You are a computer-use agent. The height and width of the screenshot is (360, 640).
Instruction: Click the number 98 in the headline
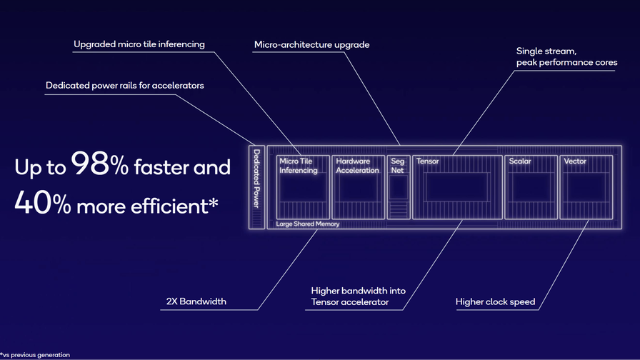click(90, 164)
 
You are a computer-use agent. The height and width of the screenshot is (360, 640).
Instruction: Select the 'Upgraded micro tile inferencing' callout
click(139, 44)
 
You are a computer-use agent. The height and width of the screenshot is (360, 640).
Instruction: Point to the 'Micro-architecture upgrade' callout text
click(312, 45)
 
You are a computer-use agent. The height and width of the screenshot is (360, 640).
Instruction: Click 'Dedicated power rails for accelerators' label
click(125, 86)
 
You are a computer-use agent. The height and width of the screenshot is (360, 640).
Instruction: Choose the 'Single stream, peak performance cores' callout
click(566, 56)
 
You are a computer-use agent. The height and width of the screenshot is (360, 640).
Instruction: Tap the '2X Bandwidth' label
click(196, 301)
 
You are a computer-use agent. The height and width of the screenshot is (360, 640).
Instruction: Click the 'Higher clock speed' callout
click(495, 302)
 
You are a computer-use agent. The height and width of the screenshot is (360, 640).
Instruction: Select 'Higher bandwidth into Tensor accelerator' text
click(358, 296)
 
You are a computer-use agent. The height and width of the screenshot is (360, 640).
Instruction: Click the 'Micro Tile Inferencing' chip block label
click(299, 166)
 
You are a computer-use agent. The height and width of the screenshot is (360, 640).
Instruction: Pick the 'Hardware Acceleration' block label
click(357, 166)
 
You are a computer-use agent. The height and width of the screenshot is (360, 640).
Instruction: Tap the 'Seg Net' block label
click(397, 166)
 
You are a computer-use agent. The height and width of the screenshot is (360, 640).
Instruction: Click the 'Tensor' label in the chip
click(427, 161)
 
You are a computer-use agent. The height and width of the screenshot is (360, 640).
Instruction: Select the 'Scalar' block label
click(519, 161)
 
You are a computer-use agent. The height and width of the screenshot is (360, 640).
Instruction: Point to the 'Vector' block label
click(575, 161)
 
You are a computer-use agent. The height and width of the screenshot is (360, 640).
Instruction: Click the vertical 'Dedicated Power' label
click(256, 179)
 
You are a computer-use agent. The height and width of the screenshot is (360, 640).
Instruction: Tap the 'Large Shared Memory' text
click(307, 224)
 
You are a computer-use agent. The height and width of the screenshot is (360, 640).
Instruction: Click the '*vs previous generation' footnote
click(35, 355)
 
